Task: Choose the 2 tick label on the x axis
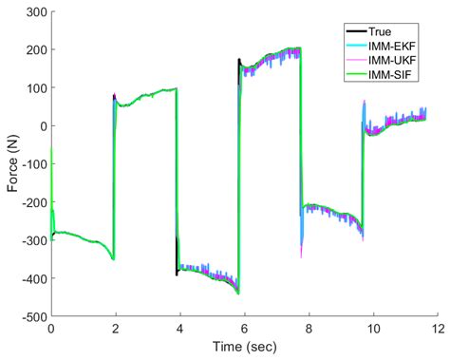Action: pos(115,329)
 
